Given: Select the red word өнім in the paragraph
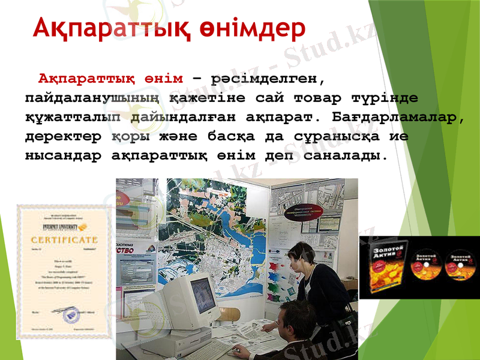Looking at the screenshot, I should pyautogui.click(x=163, y=79).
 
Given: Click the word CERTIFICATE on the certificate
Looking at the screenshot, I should pyautogui.click(x=64, y=240).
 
